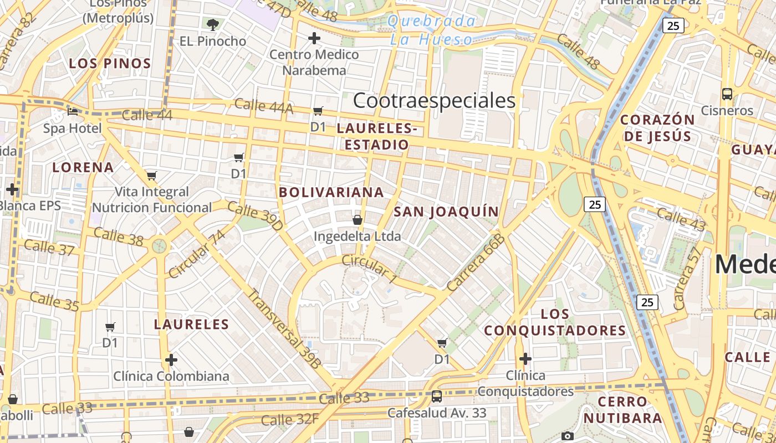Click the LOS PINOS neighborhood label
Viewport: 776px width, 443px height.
coord(110,64)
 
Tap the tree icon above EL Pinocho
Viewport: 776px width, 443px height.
coord(212,24)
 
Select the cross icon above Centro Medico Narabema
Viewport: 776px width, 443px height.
coord(314,38)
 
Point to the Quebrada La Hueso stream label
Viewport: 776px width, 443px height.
coord(431,30)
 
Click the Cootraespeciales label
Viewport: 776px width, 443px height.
coord(434,101)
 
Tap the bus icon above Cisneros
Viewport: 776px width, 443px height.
coord(727,94)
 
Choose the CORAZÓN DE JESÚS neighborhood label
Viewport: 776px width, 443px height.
coord(657,128)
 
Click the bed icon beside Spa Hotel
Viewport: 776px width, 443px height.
coord(73,111)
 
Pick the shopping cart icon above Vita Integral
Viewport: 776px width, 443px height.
coord(152,176)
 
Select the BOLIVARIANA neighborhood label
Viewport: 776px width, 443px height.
coord(331,193)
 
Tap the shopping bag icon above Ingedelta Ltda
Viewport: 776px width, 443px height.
coord(358,220)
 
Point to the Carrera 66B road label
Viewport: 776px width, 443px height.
coord(476,262)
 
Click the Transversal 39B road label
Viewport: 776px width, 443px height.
coord(283,328)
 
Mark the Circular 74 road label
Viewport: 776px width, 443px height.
coord(197,254)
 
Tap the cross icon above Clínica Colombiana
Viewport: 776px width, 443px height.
coord(171,360)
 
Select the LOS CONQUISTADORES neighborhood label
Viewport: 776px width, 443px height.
coord(555,322)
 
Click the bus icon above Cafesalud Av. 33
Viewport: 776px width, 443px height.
coord(437,396)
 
